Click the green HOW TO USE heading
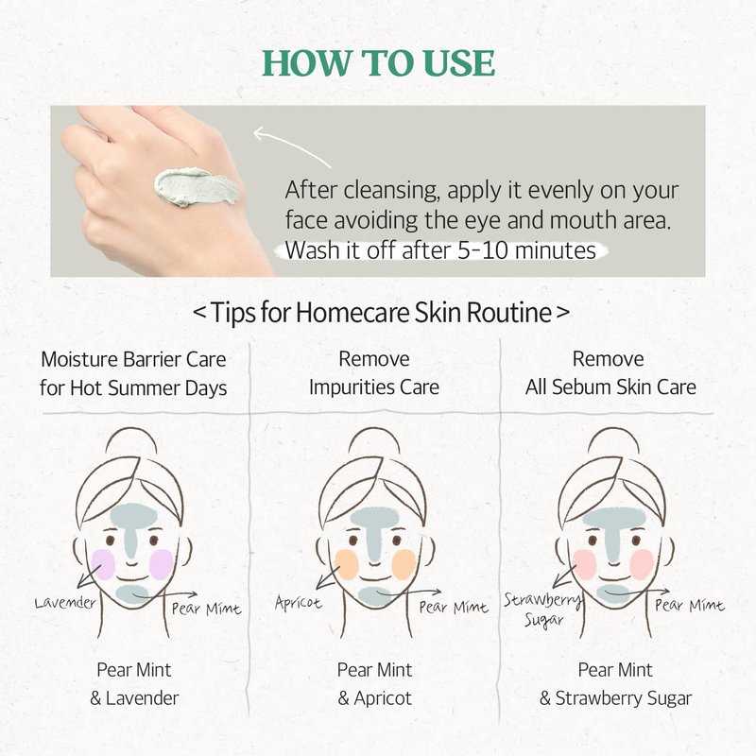coord(379,62)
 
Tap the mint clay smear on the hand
coord(197,187)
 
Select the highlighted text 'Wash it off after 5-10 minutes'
coord(440,250)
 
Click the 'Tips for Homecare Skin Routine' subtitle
coord(381,313)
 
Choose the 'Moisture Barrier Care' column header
coord(133,360)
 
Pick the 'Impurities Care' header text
coord(374,387)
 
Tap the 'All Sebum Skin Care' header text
coord(610,387)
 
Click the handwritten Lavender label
coord(65,603)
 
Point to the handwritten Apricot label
coord(298,603)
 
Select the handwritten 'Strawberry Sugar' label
coord(542,609)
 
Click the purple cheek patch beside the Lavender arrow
coord(103,564)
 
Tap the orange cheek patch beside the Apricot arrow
coord(346,564)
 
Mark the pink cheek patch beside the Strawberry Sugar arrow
coord(585,564)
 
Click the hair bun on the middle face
coord(373,442)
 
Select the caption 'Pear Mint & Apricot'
coord(374,683)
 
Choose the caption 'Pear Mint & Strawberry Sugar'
coord(616,683)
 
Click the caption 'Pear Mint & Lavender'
coord(134,683)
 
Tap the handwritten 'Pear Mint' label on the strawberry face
coord(690,605)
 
